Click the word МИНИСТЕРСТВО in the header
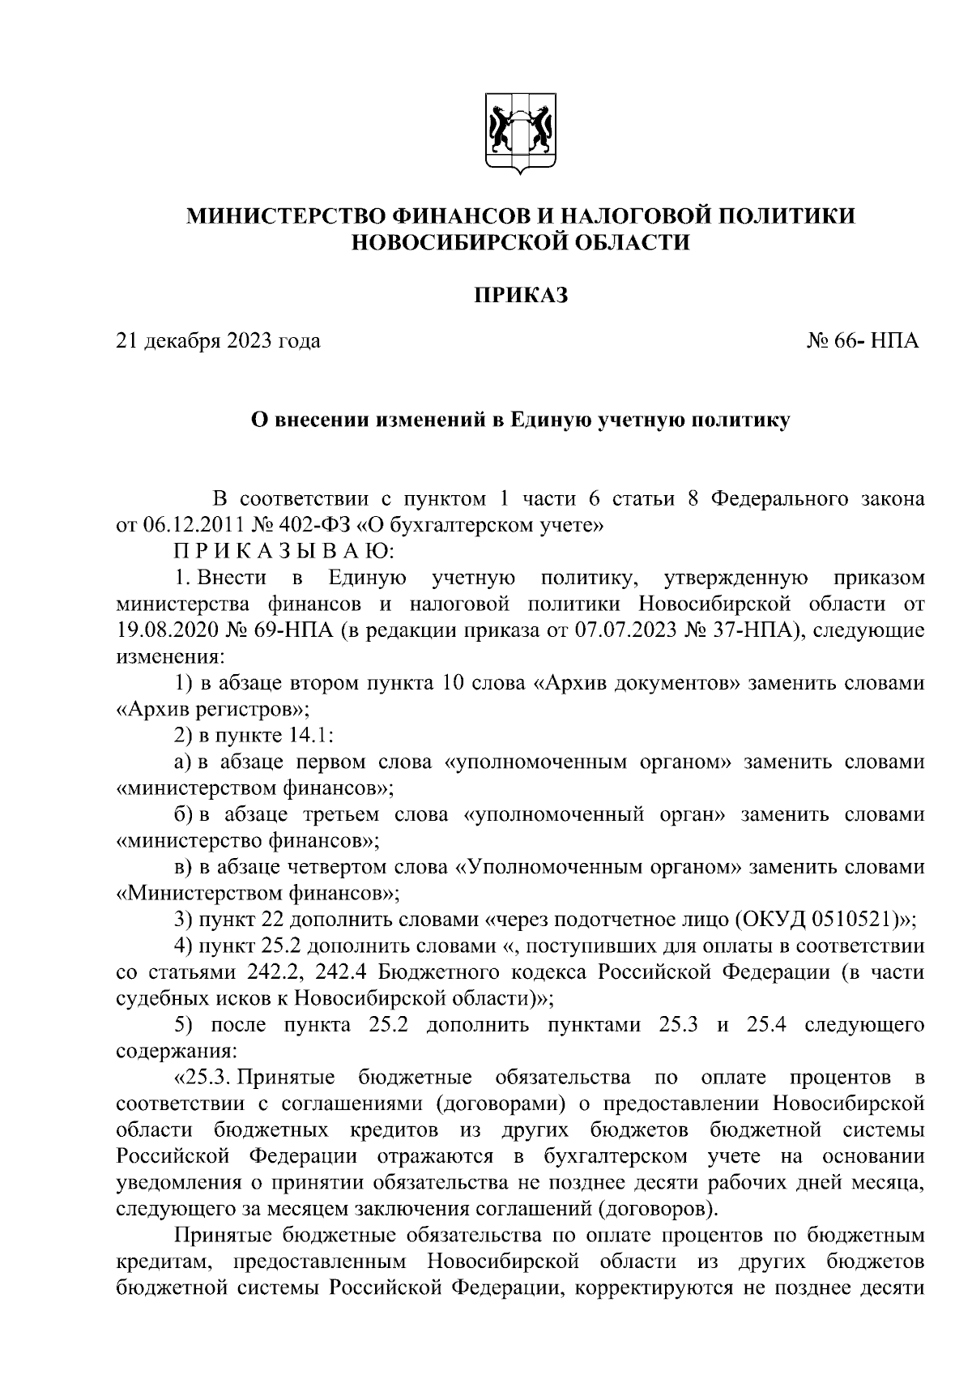coord(286,216)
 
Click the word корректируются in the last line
coord(653,1287)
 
